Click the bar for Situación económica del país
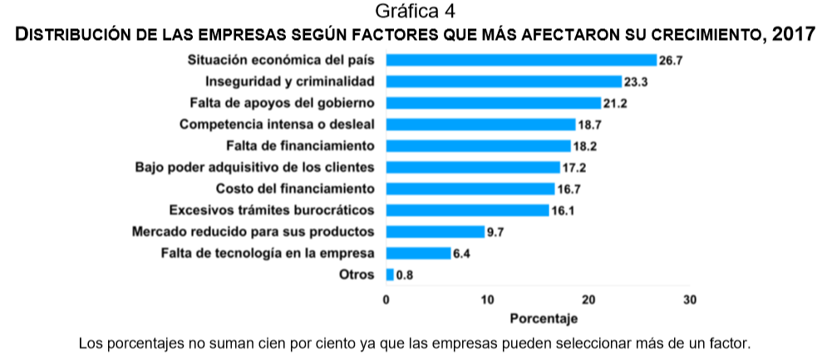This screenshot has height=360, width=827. [521, 60]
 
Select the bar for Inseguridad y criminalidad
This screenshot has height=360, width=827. [504, 81]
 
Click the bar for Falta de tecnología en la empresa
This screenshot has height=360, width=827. [418, 253]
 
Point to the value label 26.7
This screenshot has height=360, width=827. [670, 61]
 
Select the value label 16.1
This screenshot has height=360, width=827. [563, 210]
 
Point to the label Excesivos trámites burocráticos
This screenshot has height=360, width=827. [271, 210]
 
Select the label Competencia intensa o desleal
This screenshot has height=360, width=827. [277, 125]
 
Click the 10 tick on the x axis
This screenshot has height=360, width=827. [487, 299]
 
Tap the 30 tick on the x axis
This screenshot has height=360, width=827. [689, 299]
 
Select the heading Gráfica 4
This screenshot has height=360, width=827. [413, 12]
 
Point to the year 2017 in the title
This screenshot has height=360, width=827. [793, 35]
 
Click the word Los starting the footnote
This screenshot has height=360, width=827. [89, 343]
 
